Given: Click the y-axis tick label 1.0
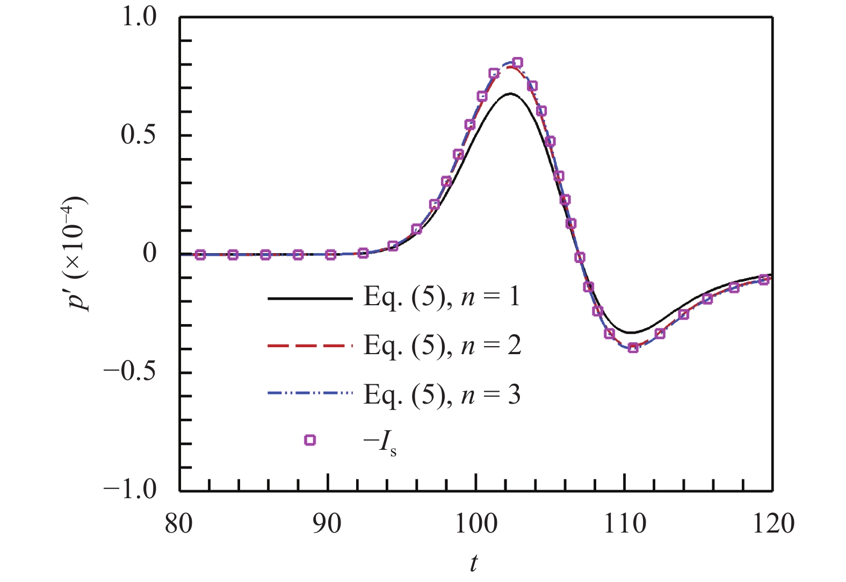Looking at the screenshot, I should click(139, 17).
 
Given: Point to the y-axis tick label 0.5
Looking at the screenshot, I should click(139, 135).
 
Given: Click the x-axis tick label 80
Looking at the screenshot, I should click(179, 523).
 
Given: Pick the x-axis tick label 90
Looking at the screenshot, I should click(327, 523).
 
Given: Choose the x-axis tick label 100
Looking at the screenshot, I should click(476, 523).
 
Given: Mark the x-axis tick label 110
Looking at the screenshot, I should click(625, 523).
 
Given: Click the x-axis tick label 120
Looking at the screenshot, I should click(773, 523).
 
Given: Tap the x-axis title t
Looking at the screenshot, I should click(474, 563).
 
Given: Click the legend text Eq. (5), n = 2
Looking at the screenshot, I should click(442, 346).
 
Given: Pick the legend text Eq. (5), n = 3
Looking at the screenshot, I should click(442, 396).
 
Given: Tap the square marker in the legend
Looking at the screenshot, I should click(310, 440).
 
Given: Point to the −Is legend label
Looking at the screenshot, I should click(380, 442).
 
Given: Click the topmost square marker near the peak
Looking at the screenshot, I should click(517, 62).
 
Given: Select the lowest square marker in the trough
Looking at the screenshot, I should click(633, 348).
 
